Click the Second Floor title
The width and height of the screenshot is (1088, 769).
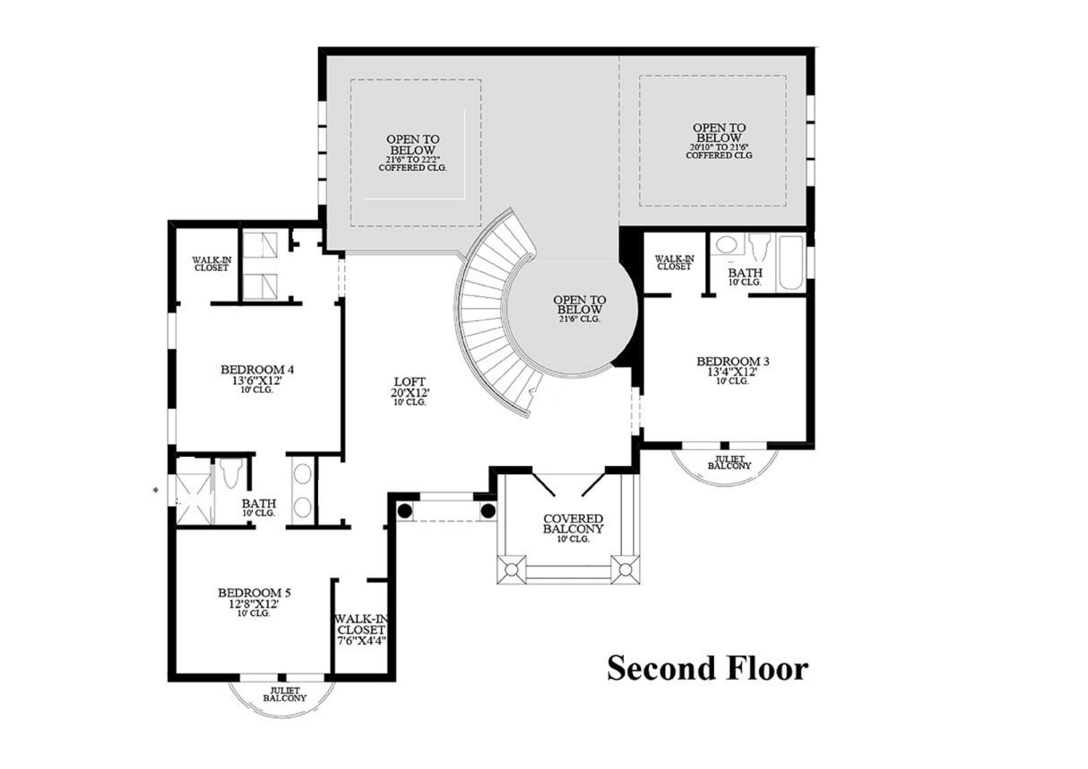click(x=707, y=668)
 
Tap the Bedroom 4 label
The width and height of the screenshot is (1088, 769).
click(x=257, y=370)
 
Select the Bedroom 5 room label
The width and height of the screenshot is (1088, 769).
click(x=254, y=593)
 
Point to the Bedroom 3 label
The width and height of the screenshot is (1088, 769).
click(x=733, y=361)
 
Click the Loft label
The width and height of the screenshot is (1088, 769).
click(x=410, y=382)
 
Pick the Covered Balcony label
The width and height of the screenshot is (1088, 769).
click(x=573, y=523)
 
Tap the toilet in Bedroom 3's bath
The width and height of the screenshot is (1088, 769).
click(x=759, y=247)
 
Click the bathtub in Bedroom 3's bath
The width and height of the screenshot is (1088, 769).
click(x=791, y=263)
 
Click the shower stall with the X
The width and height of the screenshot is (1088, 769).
click(x=193, y=491)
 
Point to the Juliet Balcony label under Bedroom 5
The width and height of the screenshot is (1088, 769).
click(x=285, y=694)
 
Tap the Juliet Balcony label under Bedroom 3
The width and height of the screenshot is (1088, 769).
click(x=729, y=463)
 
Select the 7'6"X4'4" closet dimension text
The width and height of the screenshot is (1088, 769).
click(x=362, y=641)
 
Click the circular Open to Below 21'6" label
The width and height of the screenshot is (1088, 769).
click(x=580, y=309)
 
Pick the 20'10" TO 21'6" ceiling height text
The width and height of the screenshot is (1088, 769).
click(x=719, y=147)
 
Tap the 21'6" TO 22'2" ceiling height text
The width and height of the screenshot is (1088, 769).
click(x=413, y=160)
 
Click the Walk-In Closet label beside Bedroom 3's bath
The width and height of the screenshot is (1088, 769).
click(x=674, y=262)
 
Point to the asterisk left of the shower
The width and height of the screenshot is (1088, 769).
click(x=156, y=490)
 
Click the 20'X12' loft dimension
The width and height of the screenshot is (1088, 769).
click(x=410, y=392)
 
